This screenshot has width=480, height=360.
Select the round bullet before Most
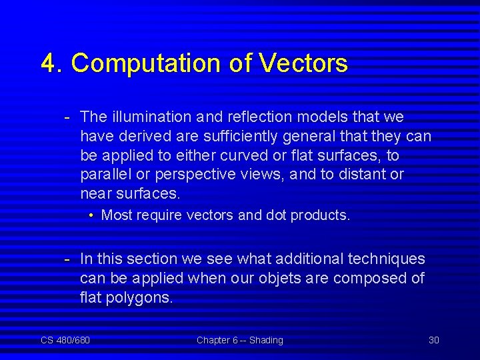(92, 215)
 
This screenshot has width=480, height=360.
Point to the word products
(320, 215)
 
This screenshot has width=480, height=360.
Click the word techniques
(387, 259)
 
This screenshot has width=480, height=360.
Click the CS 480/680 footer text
(65, 340)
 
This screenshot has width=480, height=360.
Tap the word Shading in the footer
(266, 340)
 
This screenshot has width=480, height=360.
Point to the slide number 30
(433, 340)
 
